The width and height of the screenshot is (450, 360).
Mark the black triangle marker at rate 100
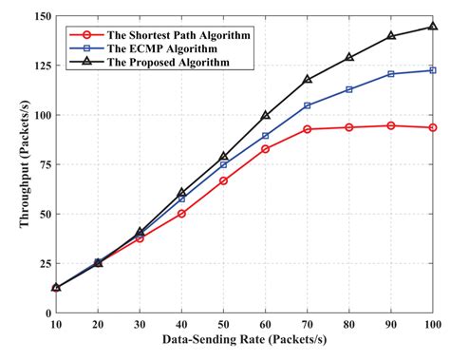click(x=433, y=27)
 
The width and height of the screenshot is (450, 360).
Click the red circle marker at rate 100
click(x=433, y=127)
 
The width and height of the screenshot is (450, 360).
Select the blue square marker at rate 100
click(x=433, y=70)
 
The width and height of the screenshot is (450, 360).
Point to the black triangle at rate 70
click(x=308, y=80)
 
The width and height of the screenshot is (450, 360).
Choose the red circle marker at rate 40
click(x=181, y=214)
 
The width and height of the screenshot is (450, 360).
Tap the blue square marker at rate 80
click(x=349, y=89)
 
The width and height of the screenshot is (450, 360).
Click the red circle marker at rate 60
click(x=265, y=149)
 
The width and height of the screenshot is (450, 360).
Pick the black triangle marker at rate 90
click(x=391, y=36)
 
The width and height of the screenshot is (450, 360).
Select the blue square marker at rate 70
click(x=308, y=105)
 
